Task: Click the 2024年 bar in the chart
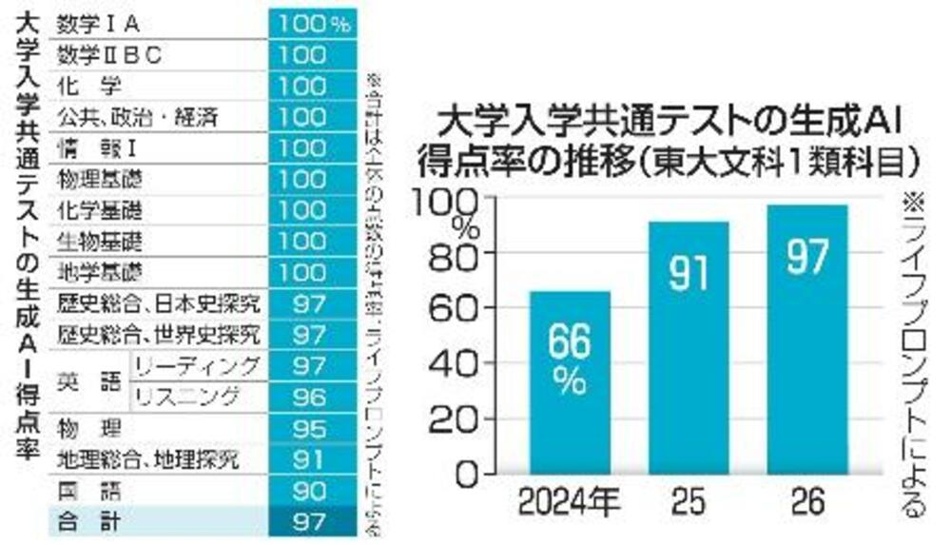[x=571, y=380]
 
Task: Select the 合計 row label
[x=86, y=521]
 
